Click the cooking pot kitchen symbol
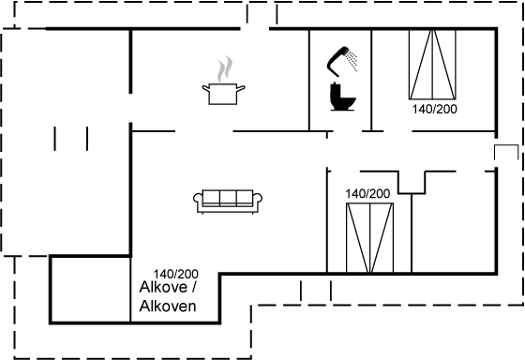coord(223,94)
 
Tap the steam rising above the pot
coord(225,69)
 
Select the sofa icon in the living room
coord(228,202)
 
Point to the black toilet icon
coord(342,97)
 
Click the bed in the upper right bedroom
coord(432,65)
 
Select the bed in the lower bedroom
coord(369,238)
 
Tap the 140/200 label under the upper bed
coord(434,109)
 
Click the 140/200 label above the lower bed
coord(367,193)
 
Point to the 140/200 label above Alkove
coord(176,274)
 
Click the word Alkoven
coord(168,306)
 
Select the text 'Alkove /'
coord(168,287)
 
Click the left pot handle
coord(205,89)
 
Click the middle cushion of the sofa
coord(228,197)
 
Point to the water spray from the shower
coord(352,60)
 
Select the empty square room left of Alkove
coord(90,290)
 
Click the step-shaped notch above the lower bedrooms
coord(412,183)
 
